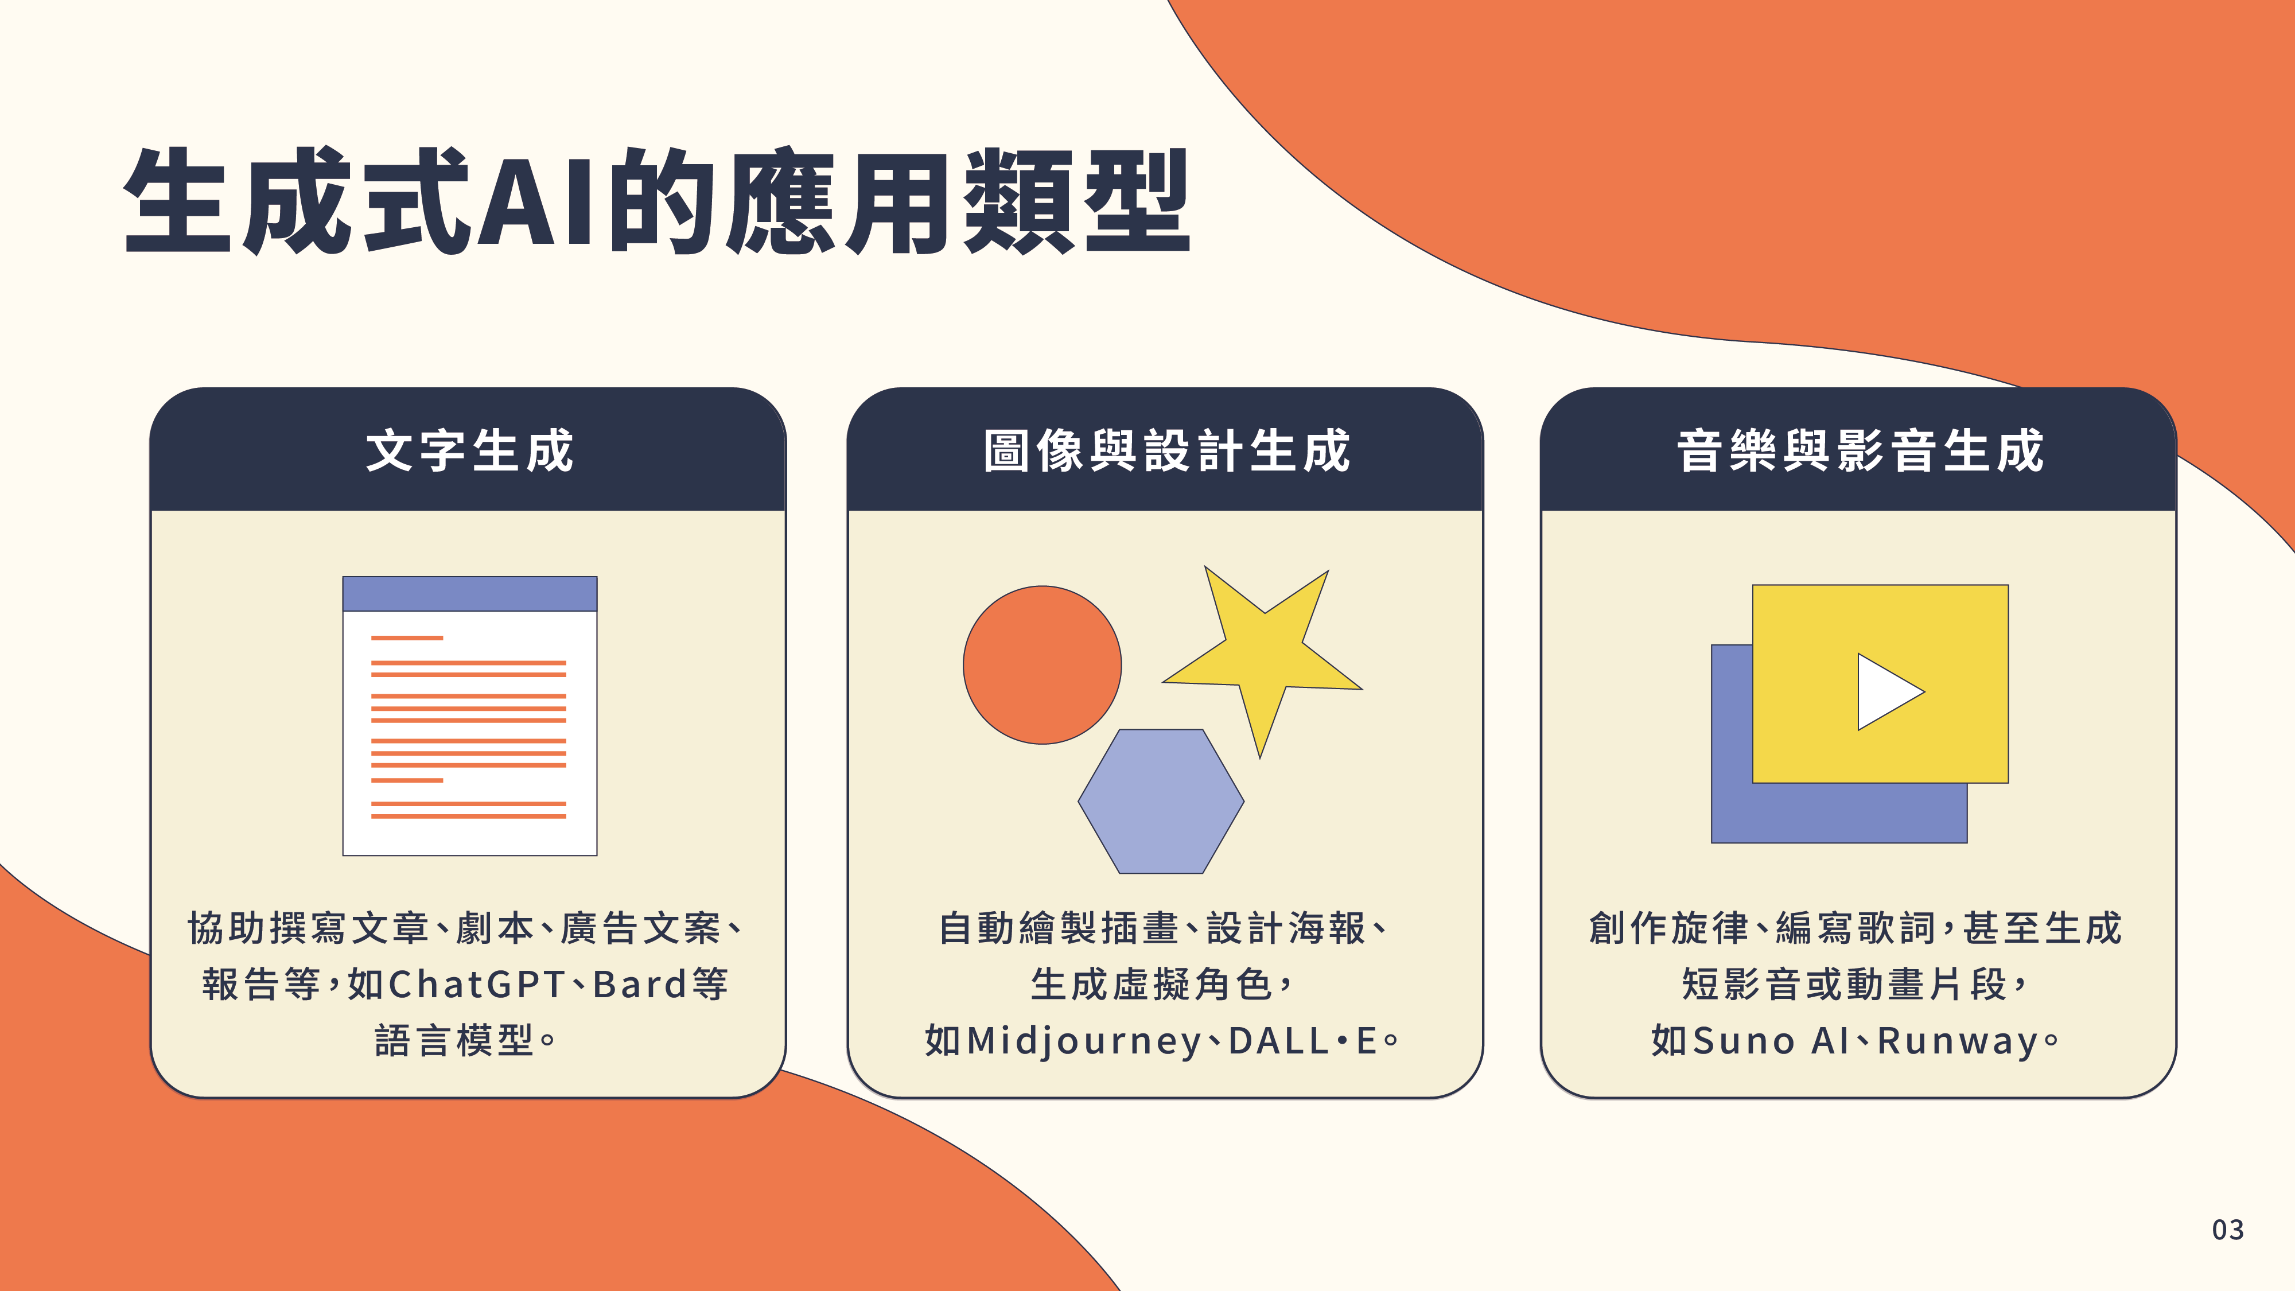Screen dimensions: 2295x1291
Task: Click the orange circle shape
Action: tap(1043, 664)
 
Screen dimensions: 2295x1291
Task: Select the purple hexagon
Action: tap(1161, 801)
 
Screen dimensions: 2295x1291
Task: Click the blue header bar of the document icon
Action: tap(469, 593)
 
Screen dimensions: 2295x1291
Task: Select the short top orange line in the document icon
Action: tap(407, 638)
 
